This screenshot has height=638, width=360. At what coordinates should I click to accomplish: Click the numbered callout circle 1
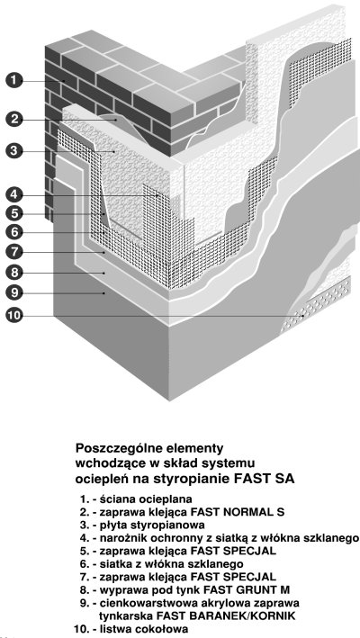(14, 80)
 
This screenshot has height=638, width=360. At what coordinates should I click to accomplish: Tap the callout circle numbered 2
(14, 119)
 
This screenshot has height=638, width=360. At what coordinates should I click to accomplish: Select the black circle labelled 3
(14, 150)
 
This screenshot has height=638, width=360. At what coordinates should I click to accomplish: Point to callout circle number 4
(14, 194)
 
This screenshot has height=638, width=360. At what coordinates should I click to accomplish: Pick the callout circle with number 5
(14, 213)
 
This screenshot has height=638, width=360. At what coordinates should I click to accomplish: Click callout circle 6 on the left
(14, 232)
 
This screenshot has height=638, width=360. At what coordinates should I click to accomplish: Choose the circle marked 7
(14, 252)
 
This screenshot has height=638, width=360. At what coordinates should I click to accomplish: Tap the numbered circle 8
(14, 272)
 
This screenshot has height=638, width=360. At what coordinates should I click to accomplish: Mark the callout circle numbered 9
(14, 292)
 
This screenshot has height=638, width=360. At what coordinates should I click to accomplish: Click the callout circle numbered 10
(14, 315)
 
